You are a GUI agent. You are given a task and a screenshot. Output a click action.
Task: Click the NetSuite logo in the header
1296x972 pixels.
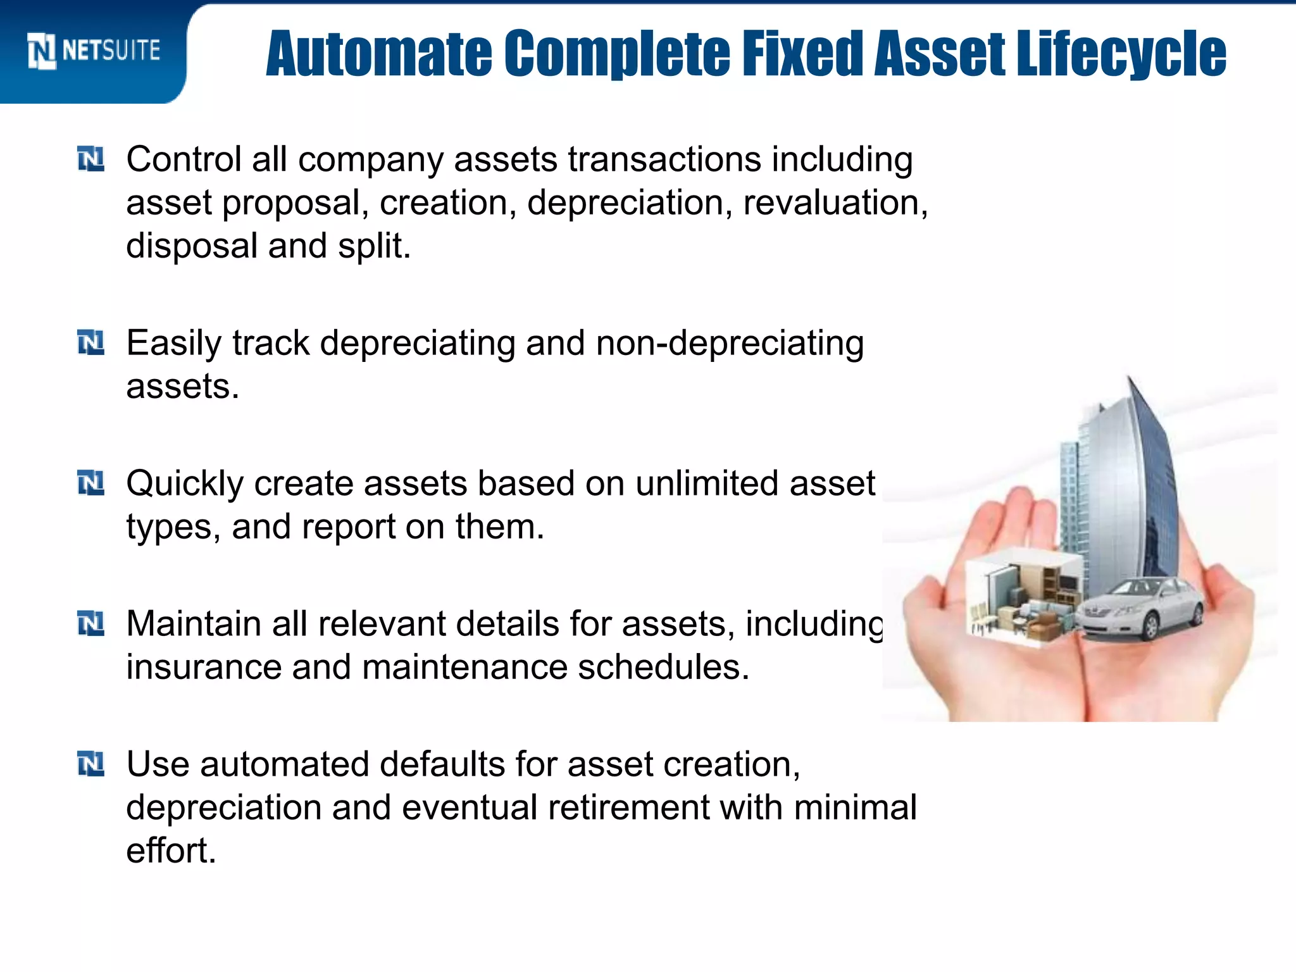pos(94,51)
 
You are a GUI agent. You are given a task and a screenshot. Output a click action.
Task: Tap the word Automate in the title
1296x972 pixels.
pos(378,54)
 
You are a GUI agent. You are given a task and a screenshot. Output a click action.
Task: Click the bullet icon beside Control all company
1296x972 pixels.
pos(90,159)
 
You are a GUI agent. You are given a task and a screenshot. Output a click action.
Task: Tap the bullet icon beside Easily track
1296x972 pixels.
pos(90,343)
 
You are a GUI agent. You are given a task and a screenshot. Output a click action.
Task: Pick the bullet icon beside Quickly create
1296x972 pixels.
pos(90,483)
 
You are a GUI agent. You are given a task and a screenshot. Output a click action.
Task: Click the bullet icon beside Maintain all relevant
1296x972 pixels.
pos(90,624)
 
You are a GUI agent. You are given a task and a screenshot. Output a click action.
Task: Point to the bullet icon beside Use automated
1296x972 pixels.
pos(90,764)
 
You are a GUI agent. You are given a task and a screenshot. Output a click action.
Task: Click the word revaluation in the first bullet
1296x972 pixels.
pos(834,203)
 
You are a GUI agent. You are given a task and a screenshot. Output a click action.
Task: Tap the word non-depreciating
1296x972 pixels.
pos(729,344)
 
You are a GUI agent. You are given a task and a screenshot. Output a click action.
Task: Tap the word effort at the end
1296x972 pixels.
pos(170,851)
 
